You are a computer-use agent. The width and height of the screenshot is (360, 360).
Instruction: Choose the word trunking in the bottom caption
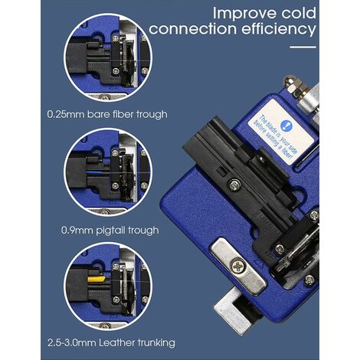click(152, 342)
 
